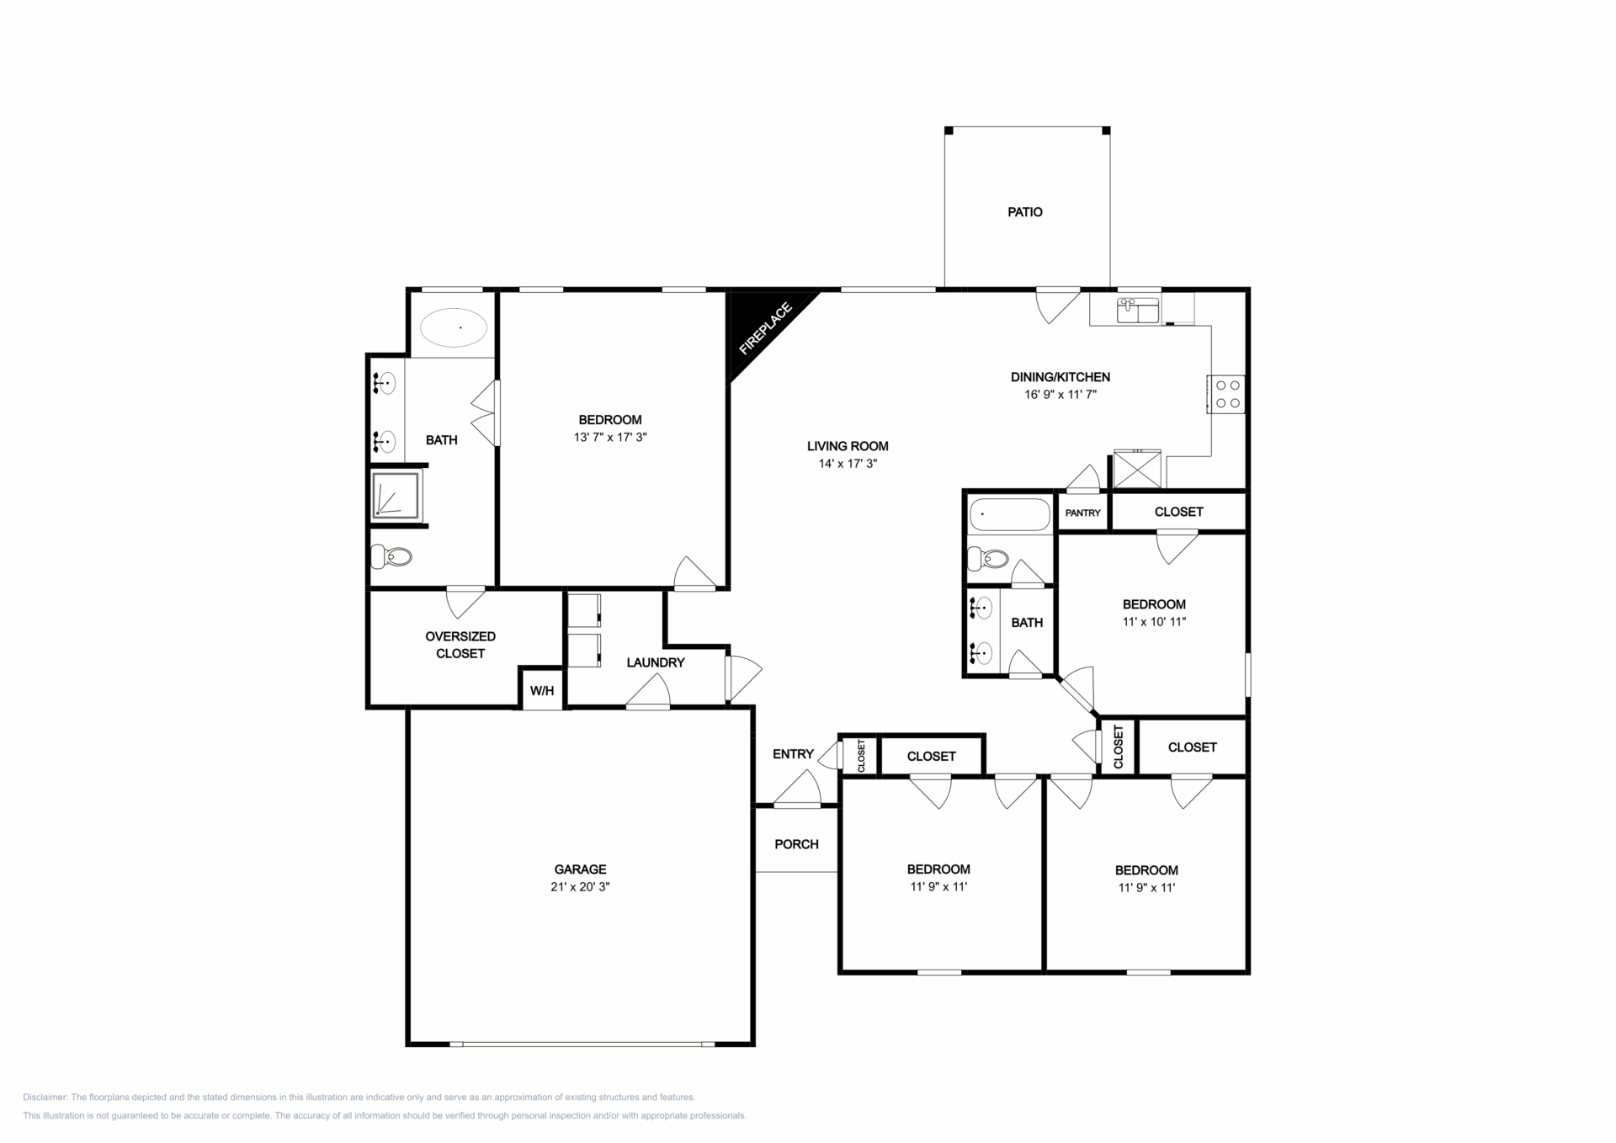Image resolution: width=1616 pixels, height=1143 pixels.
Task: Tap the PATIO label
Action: tap(1025, 212)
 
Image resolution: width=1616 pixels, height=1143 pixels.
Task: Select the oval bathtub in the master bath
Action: tap(454, 327)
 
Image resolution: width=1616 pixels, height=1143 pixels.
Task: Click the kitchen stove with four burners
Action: tap(1226, 394)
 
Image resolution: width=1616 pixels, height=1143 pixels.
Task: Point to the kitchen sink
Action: tap(1138, 311)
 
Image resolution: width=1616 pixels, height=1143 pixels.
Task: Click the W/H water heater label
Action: tap(542, 691)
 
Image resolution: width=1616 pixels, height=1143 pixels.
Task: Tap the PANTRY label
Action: tap(1082, 513)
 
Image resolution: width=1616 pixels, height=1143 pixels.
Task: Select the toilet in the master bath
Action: tap(392, 556)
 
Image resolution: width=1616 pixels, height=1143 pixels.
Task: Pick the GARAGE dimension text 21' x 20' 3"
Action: tap(580, 887)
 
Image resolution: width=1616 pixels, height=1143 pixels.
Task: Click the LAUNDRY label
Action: tap(656, 662)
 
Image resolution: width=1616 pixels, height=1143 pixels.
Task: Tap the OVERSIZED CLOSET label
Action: tap(460, 645)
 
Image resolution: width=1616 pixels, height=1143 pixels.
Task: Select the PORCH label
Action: tap(796, 844)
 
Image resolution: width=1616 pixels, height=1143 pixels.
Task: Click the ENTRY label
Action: tap(793, 754)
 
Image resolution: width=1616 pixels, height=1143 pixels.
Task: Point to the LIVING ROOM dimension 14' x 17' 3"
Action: tap(848, 464)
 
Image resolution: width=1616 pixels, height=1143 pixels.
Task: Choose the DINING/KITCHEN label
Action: tap(1060, 377)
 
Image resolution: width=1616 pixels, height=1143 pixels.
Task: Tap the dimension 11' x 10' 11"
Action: tap(1154, 622)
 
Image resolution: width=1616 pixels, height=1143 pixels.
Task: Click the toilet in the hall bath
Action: tap(988, 558)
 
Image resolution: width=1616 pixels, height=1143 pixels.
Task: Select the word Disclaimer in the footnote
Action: tap(45, 1098)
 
